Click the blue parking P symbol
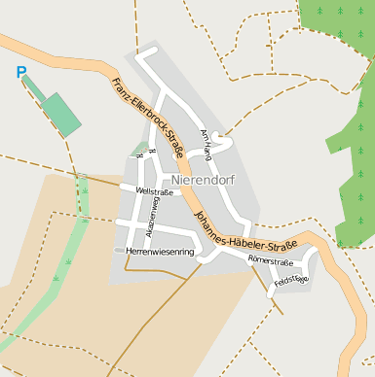[x=21, y=72]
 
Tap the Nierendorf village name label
[x=203, y=180]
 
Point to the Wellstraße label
[x=155, y=192]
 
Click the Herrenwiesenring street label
[x=161, y=252]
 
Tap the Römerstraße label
[x=271, y=260]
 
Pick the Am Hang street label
[x=206, y=144]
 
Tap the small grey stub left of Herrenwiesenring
[x=119, y=251]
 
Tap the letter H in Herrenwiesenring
[x=130, y=252]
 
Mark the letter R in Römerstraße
[x=250, y=258]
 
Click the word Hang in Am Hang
[x=206, y=151]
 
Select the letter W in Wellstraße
[x=139, y=192]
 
